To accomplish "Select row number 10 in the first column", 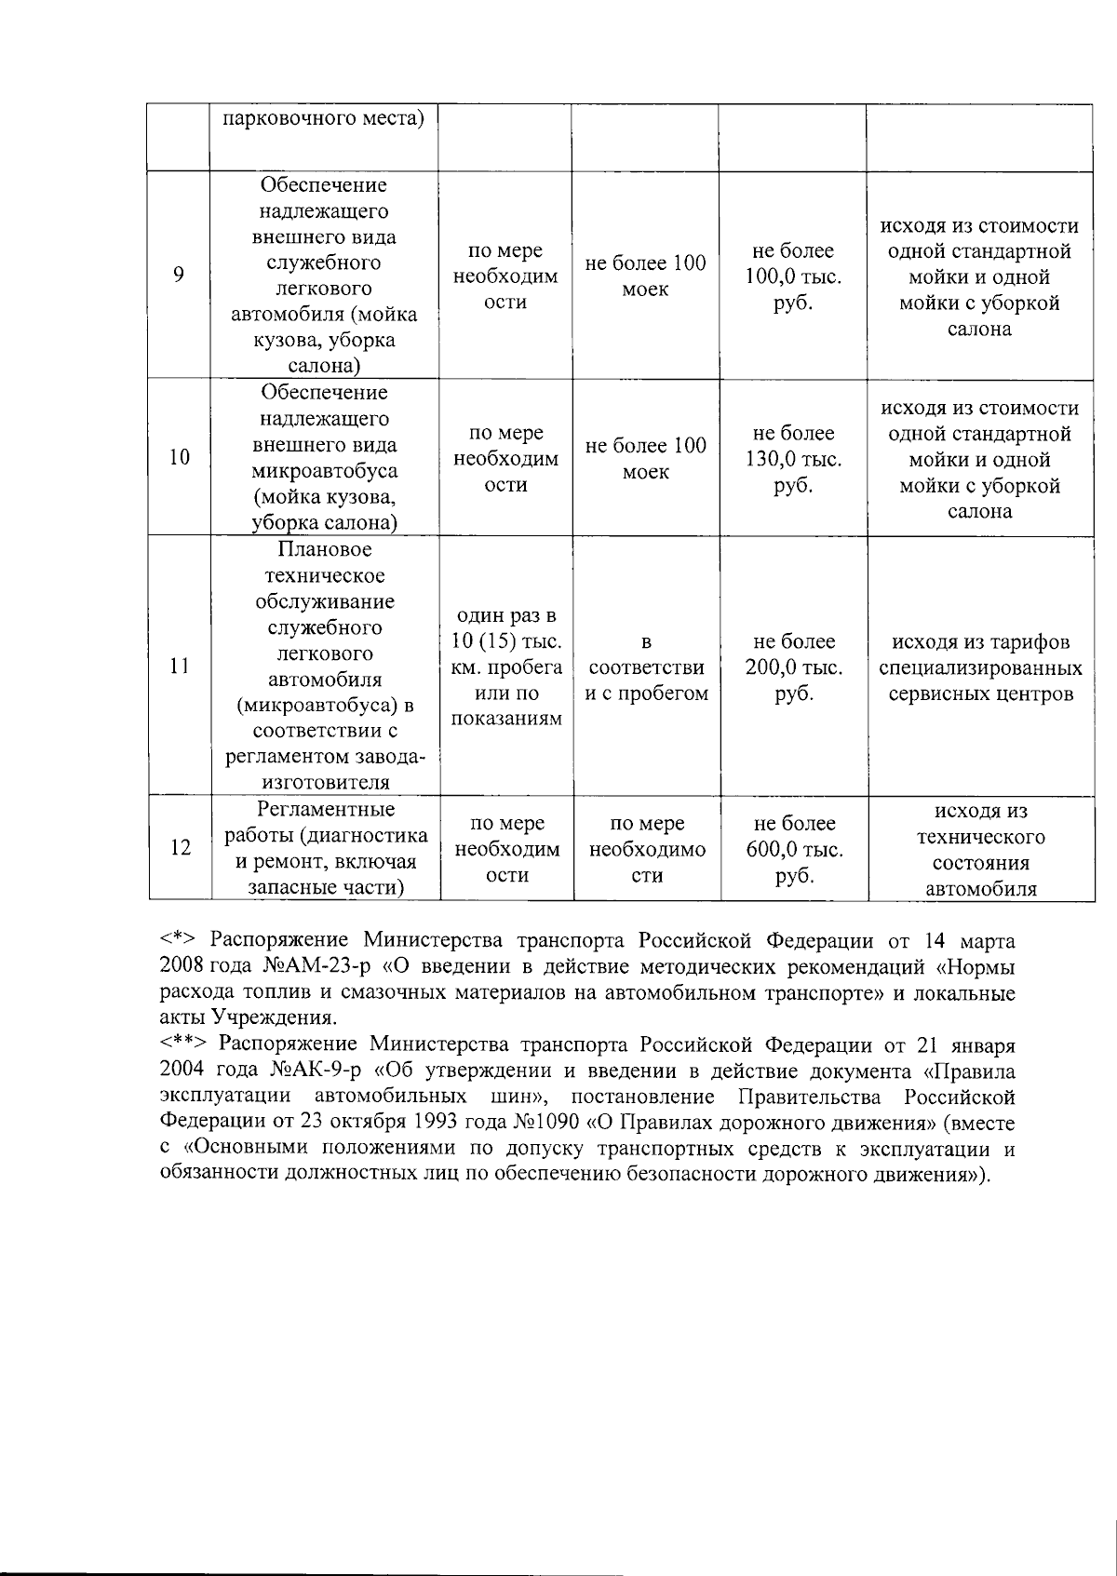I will click(179, 457).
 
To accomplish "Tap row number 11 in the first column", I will click(179, 667).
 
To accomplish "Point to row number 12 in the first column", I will click(180, 848).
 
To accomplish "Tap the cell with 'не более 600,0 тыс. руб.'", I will click(794, 849).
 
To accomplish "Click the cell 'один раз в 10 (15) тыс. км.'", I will click(506, 667).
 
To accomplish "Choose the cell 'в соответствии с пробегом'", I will click(646, 667).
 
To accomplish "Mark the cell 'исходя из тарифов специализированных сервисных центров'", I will click(979, 667).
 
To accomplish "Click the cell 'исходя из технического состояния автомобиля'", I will click(980, 849).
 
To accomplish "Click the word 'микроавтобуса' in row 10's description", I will click(324, 471).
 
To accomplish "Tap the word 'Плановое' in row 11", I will click(324, 549).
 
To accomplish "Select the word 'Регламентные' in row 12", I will click(325, 809).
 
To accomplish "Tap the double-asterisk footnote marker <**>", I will click(184, 1044).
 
